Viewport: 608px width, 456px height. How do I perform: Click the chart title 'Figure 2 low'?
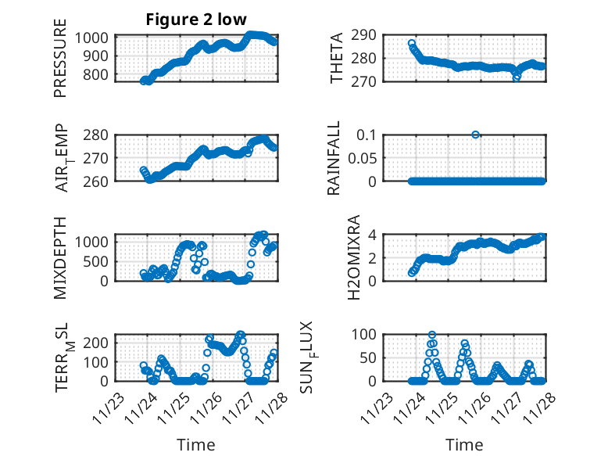[x=196, y=20]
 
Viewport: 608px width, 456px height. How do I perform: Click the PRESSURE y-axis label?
[x=60, y=64]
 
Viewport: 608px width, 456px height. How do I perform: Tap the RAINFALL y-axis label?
[x=334, y=158]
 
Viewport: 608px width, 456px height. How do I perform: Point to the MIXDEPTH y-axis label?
[x=60, y=257]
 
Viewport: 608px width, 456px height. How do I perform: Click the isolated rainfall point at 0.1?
[x=476, y=135]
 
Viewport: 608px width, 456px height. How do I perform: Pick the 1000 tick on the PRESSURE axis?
[x=95, y=38]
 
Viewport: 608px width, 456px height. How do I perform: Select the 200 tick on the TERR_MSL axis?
[x=102, y=343]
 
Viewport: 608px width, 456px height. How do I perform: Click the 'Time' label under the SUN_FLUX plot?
[x=464, y=445]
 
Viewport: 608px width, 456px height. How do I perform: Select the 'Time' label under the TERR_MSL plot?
[x=196, y=445]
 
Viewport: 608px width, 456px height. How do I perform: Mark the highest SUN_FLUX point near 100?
[x=432, y=335]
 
